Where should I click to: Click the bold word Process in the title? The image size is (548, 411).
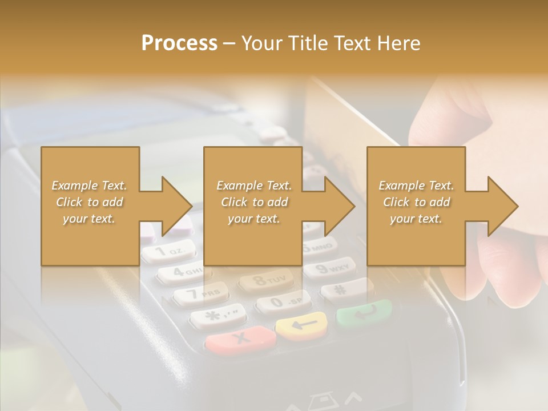pyautogui.click(x=179, y=43)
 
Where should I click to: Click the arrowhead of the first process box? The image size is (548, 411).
pyautogui.click(x=176, y=206)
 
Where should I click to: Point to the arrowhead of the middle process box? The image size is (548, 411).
pyautogui.click(x=339, y=206)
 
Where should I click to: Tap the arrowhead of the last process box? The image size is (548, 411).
pyautogui.click(x=502, y=206)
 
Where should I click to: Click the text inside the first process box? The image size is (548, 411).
pyautogui.click(x=89, y=202)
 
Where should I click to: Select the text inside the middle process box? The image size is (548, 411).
pyautogui.click(x=253, y=202)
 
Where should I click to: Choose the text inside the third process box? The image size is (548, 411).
pyautogui.click(x=416, y=202)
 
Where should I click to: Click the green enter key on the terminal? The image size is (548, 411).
pyautogui.click(x=364, y=312)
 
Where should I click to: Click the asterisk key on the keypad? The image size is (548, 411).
pyautogui.click(x=217, y=316)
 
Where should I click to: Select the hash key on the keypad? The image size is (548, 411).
pyautogui.click(x=343, y=289)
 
